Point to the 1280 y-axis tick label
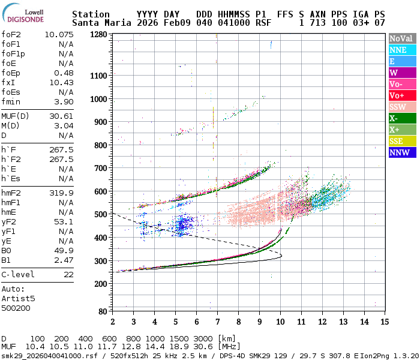point(98,35)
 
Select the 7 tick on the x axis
point(217,322)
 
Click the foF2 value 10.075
point(59,34)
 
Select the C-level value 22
point(68,274)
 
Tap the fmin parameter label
point(11,101)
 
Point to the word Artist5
point(19,298)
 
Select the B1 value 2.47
point(64,260)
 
